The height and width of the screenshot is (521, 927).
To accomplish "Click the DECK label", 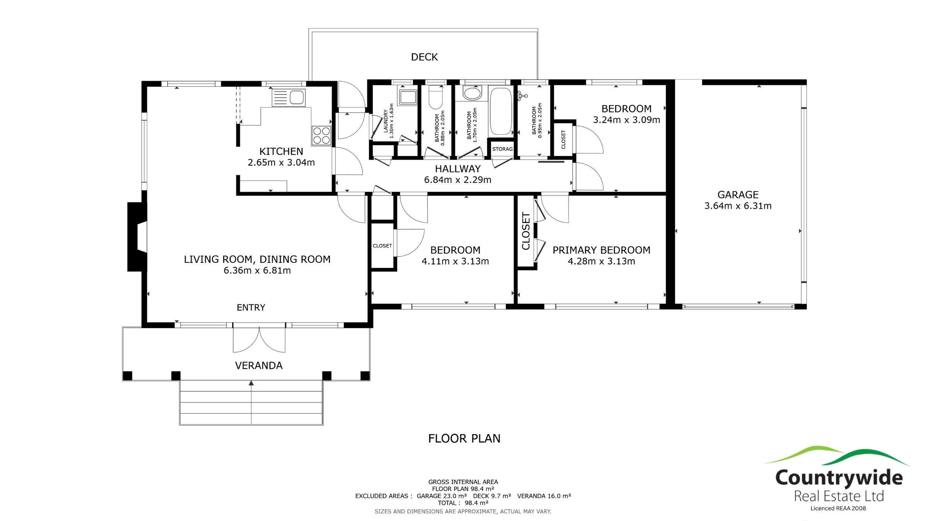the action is pyautogui.click(x=424, y=57).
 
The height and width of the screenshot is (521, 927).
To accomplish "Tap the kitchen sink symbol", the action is pyautogui.click(x=289, y=98).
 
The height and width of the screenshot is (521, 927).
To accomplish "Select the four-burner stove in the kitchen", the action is pyautogui.click(x=321, y=136).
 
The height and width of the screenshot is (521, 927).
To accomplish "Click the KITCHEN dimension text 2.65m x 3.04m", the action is pyautogui.click(x=281, y=162).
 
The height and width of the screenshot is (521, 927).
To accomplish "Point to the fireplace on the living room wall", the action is pyautogui.click(x=138, y=237).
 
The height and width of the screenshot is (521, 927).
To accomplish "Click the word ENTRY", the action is pyautogui.click(x=251, y=308).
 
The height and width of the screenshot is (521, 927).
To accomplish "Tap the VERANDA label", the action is pyautogui.click(x=259, y=365).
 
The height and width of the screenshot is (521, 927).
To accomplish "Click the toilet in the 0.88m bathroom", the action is pyautogui.click(x=436, y=97).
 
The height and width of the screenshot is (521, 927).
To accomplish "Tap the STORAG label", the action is pyautogui.click(x=502, y=149).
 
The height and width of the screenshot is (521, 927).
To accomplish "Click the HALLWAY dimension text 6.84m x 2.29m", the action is pyautogui.click(x=458, y=180).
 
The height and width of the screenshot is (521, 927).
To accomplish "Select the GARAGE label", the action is pyautogui.click(x=738, y=195).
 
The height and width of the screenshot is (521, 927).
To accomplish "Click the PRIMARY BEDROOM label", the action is pyautogui.click(x=601, y=250).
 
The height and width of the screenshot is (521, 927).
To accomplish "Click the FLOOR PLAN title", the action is pyautogui.click(x=464, y=438).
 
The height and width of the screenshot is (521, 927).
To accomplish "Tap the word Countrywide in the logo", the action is pyautogui.click(x=839, y=478).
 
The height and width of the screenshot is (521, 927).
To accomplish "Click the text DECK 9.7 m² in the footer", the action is pyautogui.click(x=492, y=496).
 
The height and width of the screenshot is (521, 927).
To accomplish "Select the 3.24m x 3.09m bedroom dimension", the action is pyautogui.click(x=626, y=120).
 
